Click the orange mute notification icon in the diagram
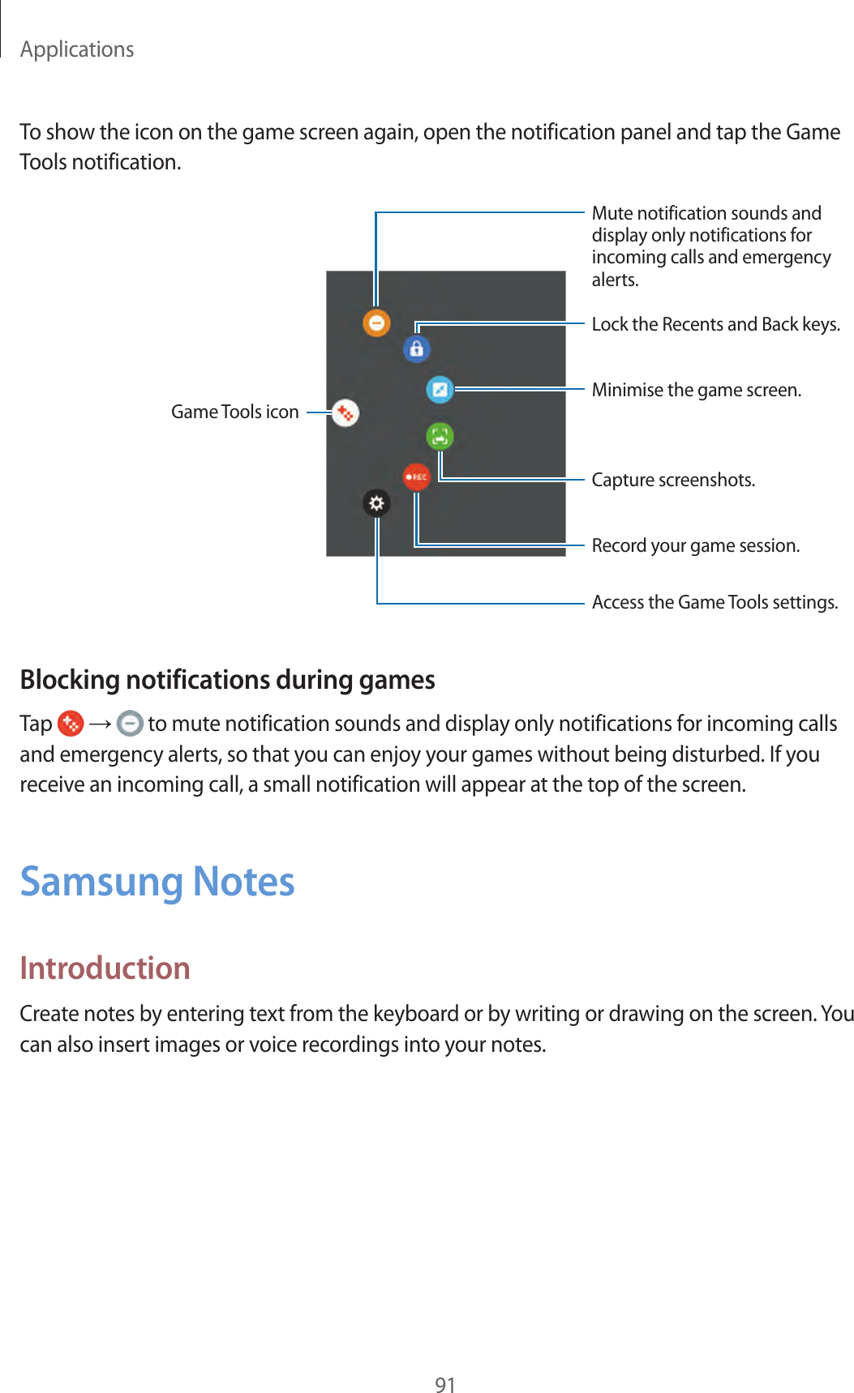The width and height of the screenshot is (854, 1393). coord(376,323)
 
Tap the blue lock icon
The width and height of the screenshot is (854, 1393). coord(416,348)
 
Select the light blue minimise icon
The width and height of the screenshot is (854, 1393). coord(440,390)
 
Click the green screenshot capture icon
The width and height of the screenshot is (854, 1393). coord(440,436)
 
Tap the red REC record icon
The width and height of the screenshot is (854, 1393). coord(416,476)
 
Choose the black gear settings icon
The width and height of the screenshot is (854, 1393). coord(376,503)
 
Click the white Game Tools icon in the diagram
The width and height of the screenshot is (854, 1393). coord(345,412)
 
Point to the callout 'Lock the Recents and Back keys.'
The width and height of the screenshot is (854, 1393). coord(715,324)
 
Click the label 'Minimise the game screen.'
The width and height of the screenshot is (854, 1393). coord(696,390)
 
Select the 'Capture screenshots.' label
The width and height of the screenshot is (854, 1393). coord(673,480)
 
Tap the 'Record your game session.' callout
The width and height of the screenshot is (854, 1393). coord(695,545)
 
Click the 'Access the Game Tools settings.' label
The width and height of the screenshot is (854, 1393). coord(715,602)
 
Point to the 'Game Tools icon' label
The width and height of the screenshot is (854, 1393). coord(234,412)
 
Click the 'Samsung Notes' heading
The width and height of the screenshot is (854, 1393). coord(157,882)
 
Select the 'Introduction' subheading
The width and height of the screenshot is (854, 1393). coord(105,968)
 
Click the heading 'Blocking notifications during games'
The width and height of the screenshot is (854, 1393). coord(227,679)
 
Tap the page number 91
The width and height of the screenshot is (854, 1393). coord(445,1385)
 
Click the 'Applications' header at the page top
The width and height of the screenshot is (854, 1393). coord(77,49)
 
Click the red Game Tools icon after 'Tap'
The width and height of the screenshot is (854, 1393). coord(71,723)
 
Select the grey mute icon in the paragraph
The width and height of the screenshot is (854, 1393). coord(130,723)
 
